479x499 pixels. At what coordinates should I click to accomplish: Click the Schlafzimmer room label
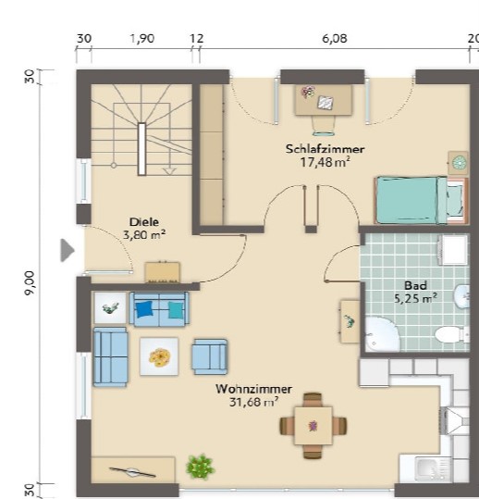click(325, 149)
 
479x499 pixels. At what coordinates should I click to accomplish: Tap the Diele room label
click(144, 222)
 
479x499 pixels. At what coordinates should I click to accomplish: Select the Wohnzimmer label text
click(253, 389)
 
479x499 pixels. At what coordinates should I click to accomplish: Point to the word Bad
click(415, 285)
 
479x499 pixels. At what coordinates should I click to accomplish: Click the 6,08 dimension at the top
click(335, 39)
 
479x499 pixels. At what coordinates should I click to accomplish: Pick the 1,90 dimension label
click(142, 39)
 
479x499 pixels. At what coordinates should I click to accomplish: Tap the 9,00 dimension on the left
click(31, 283)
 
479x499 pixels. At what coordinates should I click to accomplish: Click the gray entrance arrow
click(68, 250)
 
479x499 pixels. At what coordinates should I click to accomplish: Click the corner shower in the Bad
click(381, 334)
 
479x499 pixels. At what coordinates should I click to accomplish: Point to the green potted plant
click(200, 468)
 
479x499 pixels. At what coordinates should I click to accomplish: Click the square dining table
click(313, 426)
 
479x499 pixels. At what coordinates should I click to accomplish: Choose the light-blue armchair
click(210, 356)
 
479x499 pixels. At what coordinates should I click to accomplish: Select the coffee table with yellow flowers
click(159, 356)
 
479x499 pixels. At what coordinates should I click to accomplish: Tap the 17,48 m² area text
click(325, 162)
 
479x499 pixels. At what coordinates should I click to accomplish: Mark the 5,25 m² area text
click(415, 298)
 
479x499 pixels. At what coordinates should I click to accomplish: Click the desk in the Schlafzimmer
click(324, 100)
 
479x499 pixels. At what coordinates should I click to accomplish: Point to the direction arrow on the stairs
click(169, 171)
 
